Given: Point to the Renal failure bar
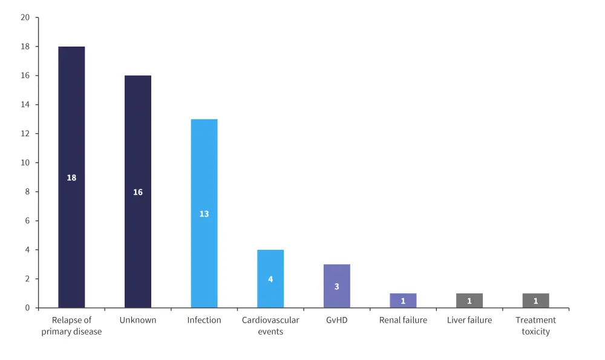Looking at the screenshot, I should [x=403, y=301].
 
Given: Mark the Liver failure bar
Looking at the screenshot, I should [x=469, y=301].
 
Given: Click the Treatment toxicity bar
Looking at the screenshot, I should [x=535, y=301].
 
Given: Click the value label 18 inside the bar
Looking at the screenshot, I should [x=71, y=178].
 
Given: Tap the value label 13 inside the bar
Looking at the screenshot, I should [x=204, y=214].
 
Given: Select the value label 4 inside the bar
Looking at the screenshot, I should [x=270, y=280].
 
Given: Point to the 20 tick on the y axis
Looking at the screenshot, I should [x=25, y=18].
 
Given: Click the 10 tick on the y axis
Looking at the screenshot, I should [x=25, y=163].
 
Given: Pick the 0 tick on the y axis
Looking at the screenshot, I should [x=27, y=308].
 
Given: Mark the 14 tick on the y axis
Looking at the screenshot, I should [x=25, y=105].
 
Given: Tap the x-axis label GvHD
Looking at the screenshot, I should [x=337, y=320].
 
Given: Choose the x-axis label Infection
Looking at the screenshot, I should [x=204, y=320].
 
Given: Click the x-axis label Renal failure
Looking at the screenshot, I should [x=403, y=320].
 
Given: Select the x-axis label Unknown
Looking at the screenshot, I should [x=138, y=320].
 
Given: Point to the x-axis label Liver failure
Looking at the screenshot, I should [x=469, y=320].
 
